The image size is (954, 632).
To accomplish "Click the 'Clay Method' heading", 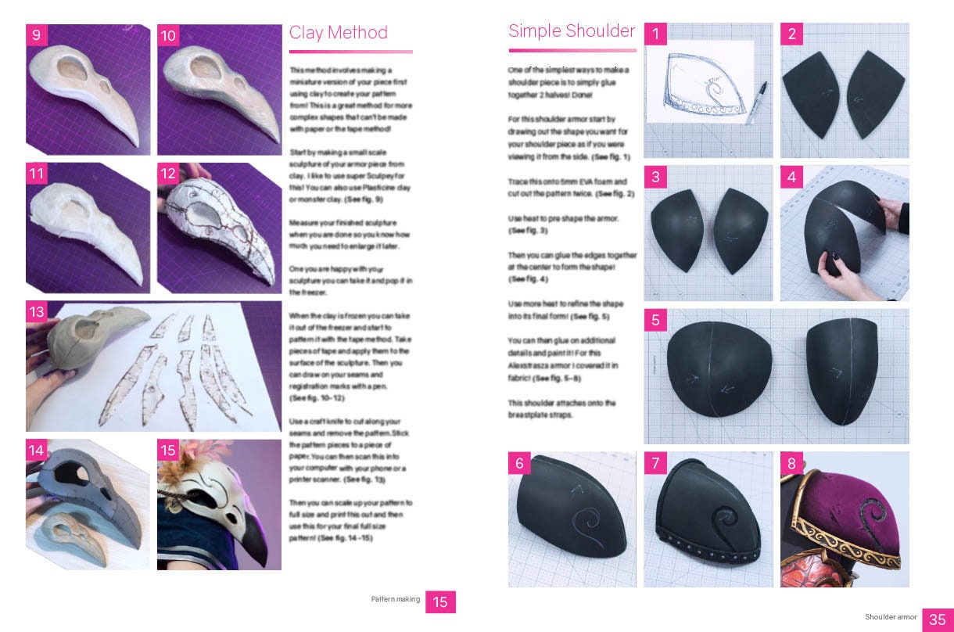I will (338, 33).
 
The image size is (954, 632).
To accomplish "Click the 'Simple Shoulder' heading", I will (571, 31).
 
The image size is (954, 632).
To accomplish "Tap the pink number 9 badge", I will (36, 35).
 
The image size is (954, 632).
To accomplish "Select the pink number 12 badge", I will (168, 173).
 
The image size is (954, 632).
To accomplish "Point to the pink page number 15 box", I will (440, 601).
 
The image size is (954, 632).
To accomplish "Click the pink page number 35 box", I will (937, 619).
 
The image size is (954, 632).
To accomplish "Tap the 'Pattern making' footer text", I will (395, 600).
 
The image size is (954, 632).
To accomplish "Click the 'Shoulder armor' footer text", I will (891, 618).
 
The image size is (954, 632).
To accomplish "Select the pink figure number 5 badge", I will (655, 319).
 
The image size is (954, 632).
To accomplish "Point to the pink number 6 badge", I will (518, 462).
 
